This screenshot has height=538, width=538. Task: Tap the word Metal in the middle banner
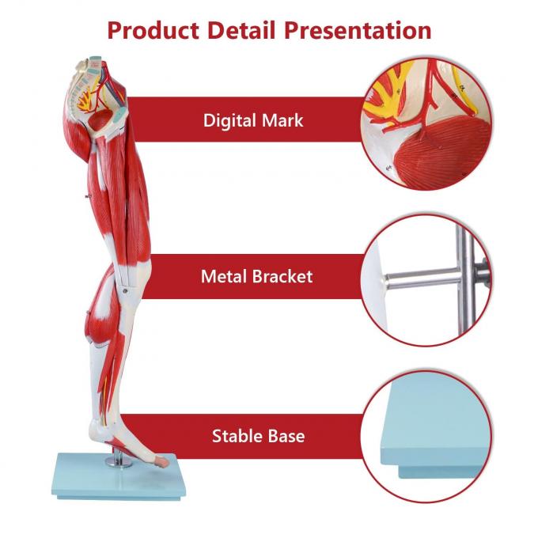227,277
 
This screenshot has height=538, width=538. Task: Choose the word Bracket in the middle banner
284,277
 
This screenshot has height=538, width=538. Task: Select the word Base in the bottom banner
286,436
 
